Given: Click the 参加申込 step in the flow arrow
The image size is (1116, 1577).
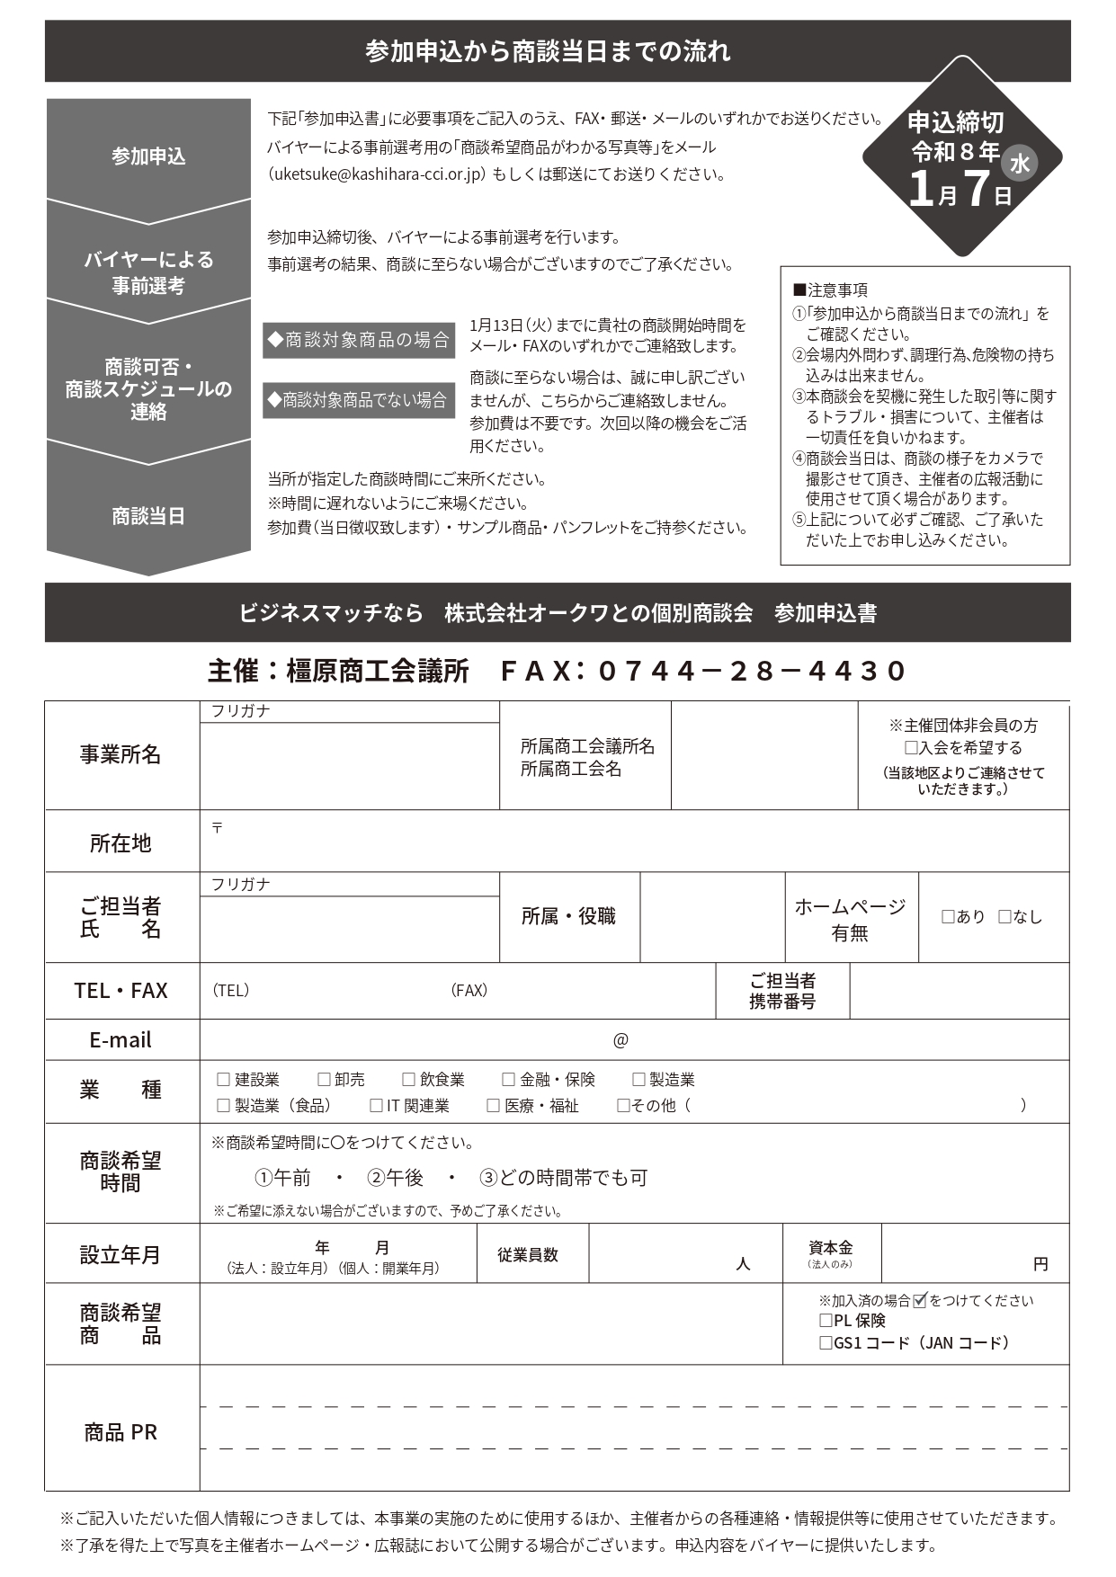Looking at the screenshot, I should coord(148,156).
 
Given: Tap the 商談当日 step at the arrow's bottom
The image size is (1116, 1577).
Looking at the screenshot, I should coord(148,516).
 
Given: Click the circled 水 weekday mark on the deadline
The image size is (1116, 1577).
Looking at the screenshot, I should coord(1020,163).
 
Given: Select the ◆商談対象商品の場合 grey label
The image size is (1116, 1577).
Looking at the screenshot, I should coord(359,340).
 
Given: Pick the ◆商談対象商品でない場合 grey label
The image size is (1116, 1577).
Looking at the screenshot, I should coord(359,400).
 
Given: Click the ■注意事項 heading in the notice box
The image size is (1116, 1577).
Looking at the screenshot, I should coord(830,290).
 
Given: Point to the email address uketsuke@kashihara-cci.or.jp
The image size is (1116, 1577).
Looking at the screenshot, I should coord(381,174).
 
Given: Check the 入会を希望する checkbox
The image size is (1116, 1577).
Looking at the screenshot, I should coord(910,748).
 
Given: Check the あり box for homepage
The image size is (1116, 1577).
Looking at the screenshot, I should coord(948,917).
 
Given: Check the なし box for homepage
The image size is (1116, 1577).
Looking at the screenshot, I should coord(1004,917).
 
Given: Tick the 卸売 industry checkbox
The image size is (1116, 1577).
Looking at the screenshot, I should coord(324,1080).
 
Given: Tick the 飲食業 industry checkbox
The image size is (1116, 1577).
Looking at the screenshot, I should coord(408,1080).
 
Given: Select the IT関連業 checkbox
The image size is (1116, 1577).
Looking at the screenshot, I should coord(376,1106).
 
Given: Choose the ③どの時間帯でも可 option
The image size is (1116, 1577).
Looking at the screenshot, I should coord(563,1178).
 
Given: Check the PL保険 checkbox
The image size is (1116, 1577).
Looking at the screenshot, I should coord(826,1321).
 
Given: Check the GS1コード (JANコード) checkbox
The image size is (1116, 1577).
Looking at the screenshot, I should coord(826,1343).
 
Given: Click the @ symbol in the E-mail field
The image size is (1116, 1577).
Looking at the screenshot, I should coord(620,1040).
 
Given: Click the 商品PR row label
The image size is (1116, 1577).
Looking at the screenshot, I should coord(121,1432).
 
